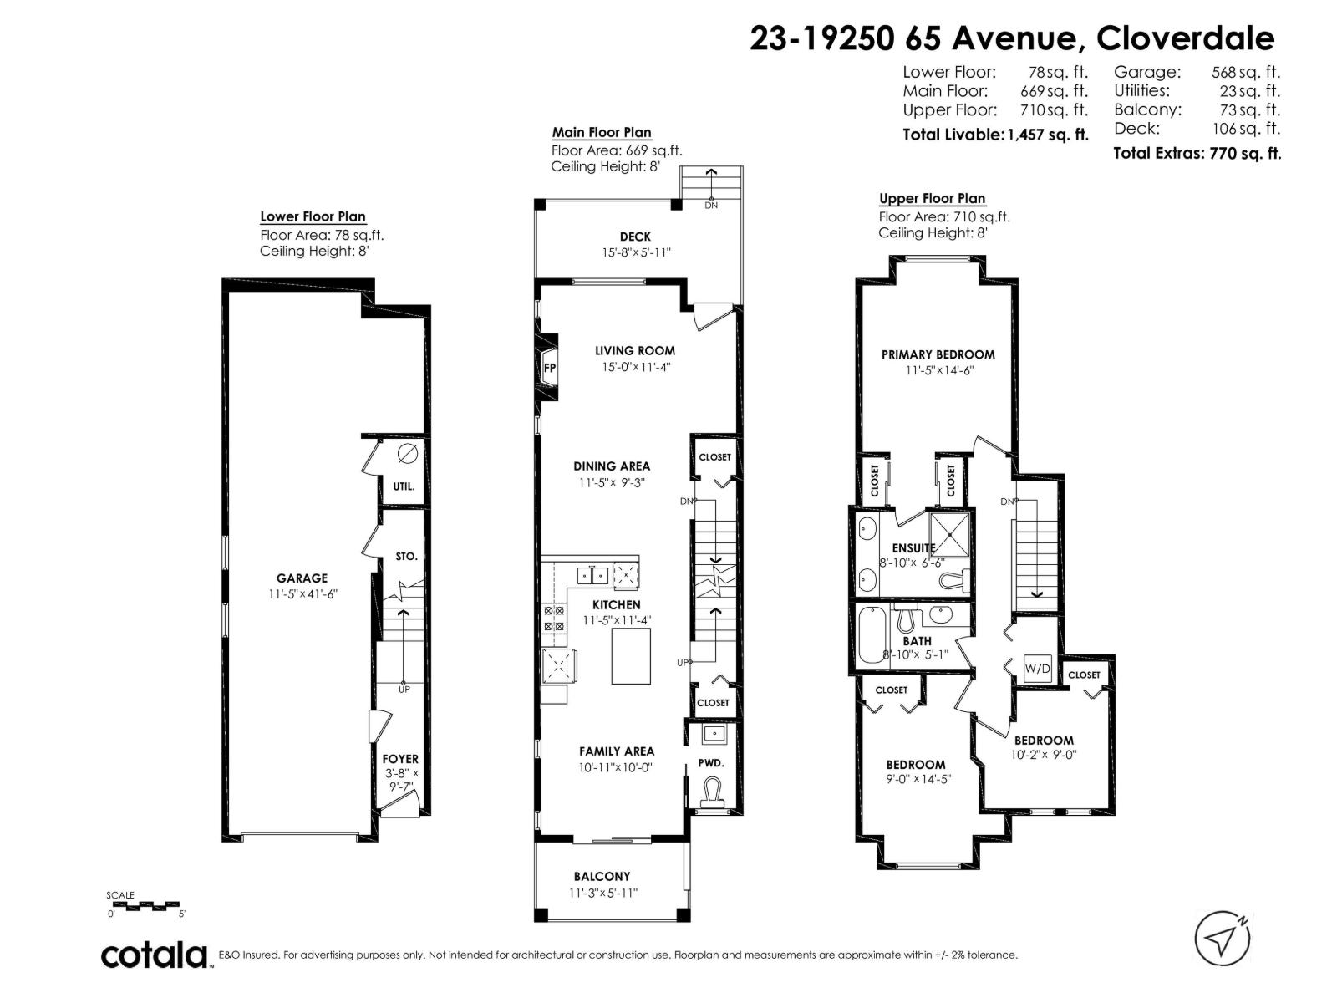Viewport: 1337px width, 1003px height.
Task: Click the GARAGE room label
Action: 302,578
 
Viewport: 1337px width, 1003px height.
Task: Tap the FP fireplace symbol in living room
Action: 549,368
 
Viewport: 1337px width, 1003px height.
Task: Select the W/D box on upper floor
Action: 1037,669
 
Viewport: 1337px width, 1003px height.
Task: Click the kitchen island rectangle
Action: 631,656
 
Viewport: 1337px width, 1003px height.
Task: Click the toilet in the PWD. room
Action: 712,791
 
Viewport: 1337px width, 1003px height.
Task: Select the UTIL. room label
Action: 404,486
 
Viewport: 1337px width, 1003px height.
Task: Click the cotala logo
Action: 155,955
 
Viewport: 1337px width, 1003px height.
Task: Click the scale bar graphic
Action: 143,905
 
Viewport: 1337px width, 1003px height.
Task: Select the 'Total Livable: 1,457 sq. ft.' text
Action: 995,135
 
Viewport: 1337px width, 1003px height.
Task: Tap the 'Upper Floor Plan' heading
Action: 932,198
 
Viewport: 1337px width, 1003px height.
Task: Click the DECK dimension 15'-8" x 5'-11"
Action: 634,252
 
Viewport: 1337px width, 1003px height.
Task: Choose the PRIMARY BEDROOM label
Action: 938,354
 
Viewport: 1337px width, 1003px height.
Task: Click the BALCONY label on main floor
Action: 602,876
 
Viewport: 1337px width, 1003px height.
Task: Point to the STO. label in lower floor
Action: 406,556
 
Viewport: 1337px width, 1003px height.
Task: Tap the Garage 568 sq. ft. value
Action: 1245,73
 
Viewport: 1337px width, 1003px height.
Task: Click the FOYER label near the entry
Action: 400,759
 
